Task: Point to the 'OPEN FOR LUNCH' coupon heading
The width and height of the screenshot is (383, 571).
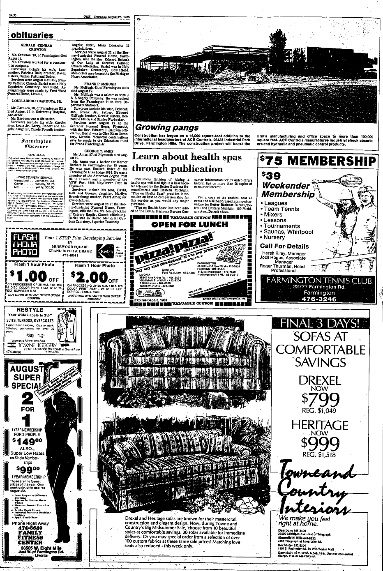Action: tap(189, 224)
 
